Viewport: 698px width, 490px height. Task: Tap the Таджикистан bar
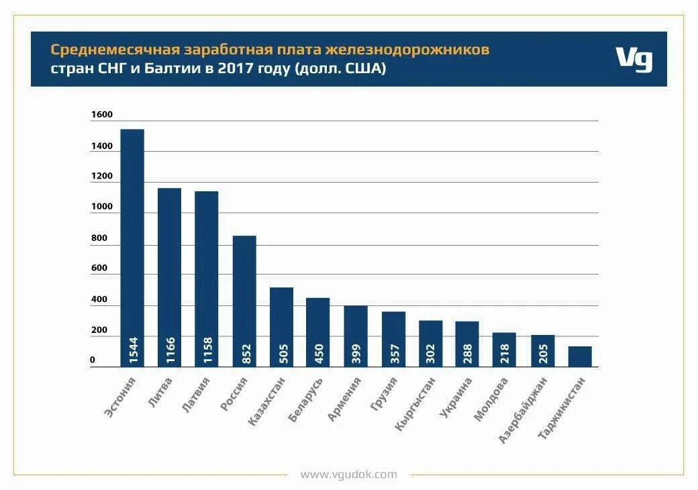point(580,356)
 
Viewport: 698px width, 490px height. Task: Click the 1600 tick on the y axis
point(102,115)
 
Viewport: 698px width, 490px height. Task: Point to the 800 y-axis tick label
point(99,238)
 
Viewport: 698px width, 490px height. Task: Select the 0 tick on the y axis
point(93,360)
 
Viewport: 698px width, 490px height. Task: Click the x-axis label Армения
point(345,399)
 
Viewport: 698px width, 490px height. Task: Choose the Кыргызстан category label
point(416,403)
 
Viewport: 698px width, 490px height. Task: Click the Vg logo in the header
point(634,59)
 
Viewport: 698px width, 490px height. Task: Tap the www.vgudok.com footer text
point(348,475)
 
